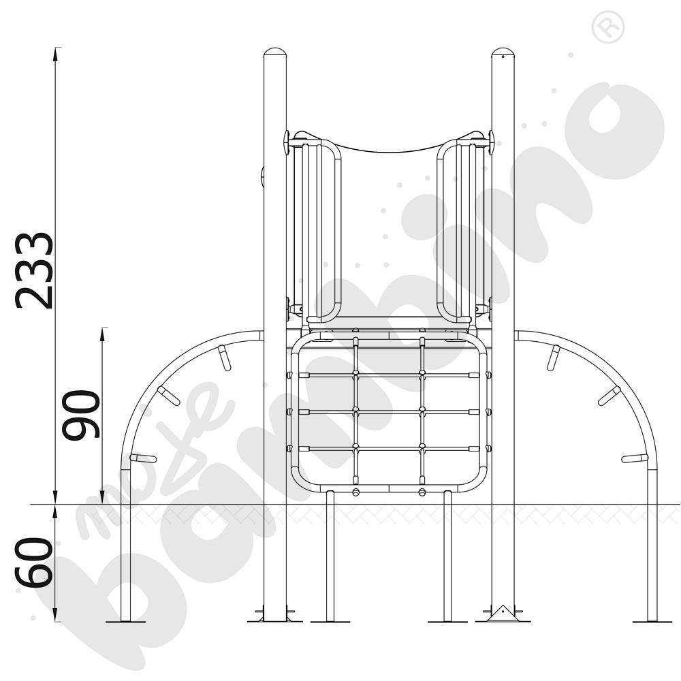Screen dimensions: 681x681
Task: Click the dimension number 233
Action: [x=34, y=270]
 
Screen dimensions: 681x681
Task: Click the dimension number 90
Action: [x=81, y=414]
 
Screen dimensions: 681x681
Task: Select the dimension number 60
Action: [x=34, y=563]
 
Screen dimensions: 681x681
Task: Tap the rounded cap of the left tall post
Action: [x=274, y=52]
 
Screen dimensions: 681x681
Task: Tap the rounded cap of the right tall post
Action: [x=503, y=52]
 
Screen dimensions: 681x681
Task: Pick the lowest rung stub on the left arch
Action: [x=143, y=458]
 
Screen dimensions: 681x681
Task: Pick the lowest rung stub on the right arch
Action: [x=635, y=458]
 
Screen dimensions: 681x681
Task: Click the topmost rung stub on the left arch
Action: [x=224, y=358]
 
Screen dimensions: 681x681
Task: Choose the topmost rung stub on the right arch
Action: [x=554, y=358]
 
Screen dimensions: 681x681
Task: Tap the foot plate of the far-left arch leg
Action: [x=125, y=621]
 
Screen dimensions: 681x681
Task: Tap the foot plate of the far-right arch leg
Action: [x=652, y=621]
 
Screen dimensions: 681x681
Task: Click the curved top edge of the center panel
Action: [x=388, y=150]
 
